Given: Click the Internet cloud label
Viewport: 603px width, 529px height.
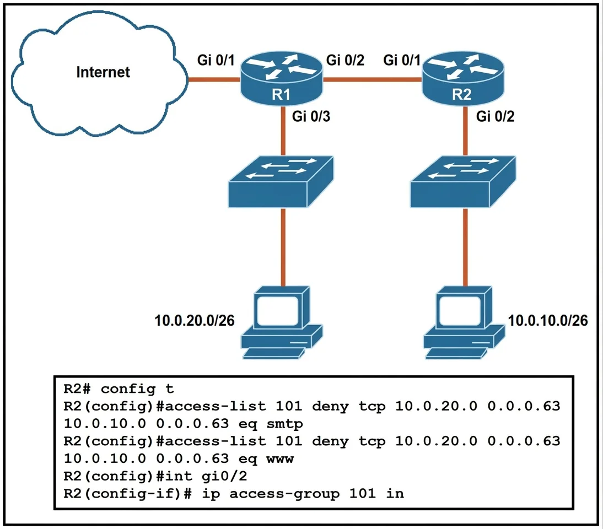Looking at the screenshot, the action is (103, 72).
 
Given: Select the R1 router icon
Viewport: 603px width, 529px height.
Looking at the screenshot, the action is (281, 78).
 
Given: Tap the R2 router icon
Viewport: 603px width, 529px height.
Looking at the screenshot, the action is (463, 78).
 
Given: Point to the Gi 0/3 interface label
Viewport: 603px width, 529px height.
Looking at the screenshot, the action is (311, 116).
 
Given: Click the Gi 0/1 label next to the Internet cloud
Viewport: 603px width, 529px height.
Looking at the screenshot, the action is (216, 60).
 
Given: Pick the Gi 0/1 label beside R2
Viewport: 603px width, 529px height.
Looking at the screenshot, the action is (401, 60).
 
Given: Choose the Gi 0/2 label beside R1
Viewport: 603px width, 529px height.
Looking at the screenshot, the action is (345, 60).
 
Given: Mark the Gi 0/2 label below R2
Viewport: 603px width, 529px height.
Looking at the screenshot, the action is (495, 116).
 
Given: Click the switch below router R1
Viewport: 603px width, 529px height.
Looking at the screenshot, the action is (281, 181).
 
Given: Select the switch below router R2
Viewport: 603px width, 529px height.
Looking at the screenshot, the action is (463, 181).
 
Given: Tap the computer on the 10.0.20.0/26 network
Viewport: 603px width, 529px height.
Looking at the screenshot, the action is (282, 322).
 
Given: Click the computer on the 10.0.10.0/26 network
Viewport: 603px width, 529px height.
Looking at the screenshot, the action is (464, 322).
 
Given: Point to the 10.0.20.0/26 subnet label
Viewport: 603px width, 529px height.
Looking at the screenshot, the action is (194, 321).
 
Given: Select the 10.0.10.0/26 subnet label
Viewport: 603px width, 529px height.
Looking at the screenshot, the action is (548, 321).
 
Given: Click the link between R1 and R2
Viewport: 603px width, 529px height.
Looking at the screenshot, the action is (372, 79).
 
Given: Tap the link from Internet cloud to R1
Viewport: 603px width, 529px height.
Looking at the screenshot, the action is (214, 79).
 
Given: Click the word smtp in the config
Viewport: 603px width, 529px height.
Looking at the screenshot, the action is (284, 424).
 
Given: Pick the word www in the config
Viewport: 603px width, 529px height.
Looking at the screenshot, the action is (280, 459).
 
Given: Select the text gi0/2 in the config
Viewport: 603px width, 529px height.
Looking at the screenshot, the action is (224, 476).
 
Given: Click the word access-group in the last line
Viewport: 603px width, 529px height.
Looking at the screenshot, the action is (284, 494).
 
